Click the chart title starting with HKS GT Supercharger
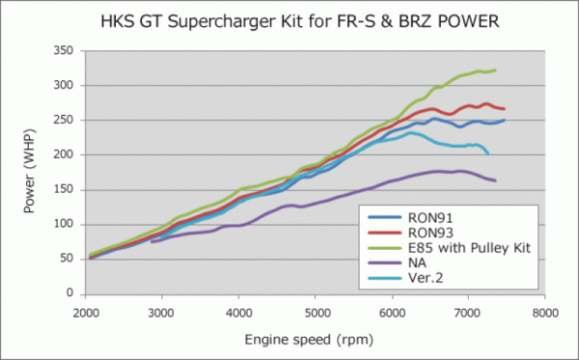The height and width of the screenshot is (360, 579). [289, 19]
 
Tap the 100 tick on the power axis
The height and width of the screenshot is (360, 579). [65, 223]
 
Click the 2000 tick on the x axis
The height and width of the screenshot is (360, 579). [84, 312]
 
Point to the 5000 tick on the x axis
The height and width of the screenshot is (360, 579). [316, 312]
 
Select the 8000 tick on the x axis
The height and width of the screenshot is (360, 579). [545, 312]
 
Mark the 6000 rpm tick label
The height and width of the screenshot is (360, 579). [392, 312]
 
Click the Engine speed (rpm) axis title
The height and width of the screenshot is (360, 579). [315, 341]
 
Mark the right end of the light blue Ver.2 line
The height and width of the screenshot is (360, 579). [488, 153]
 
